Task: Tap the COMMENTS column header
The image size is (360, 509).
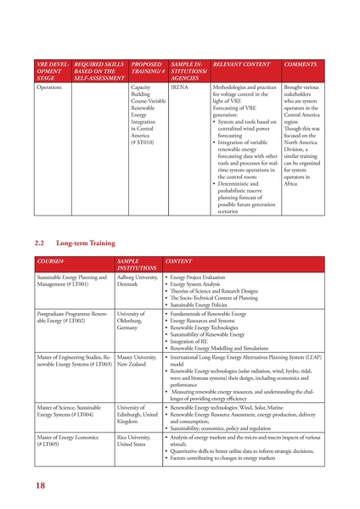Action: click(301, 64)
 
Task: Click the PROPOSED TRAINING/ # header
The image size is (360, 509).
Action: click(148, 68)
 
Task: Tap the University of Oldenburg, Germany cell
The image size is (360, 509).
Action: click(133, 322)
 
